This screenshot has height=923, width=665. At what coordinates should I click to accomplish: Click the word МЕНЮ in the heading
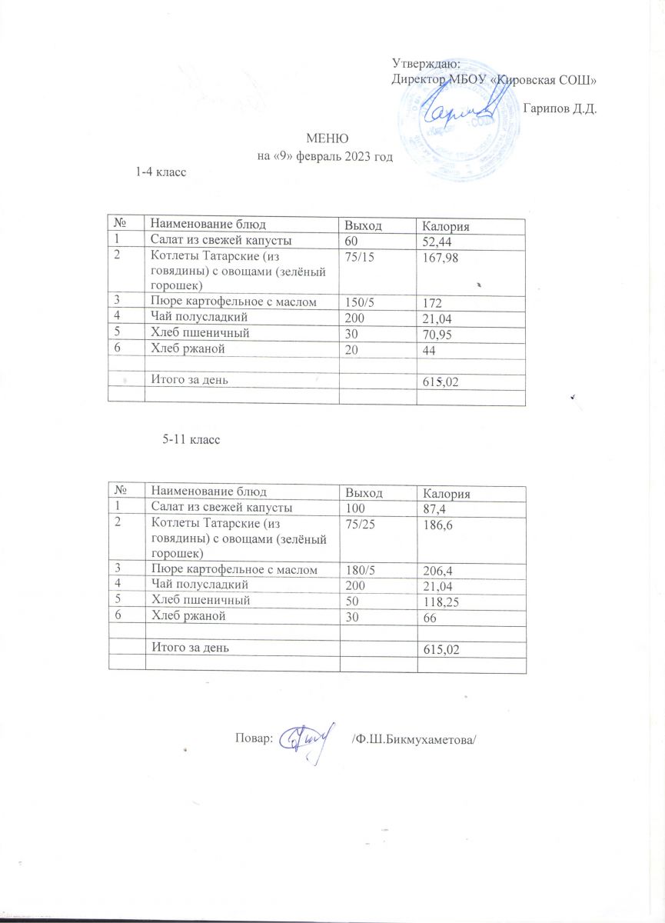(x=328, y=139)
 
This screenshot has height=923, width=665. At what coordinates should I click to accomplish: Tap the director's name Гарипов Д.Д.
(x=560, y=108)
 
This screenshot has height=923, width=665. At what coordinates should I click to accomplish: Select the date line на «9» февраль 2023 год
(x=324, y=157)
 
